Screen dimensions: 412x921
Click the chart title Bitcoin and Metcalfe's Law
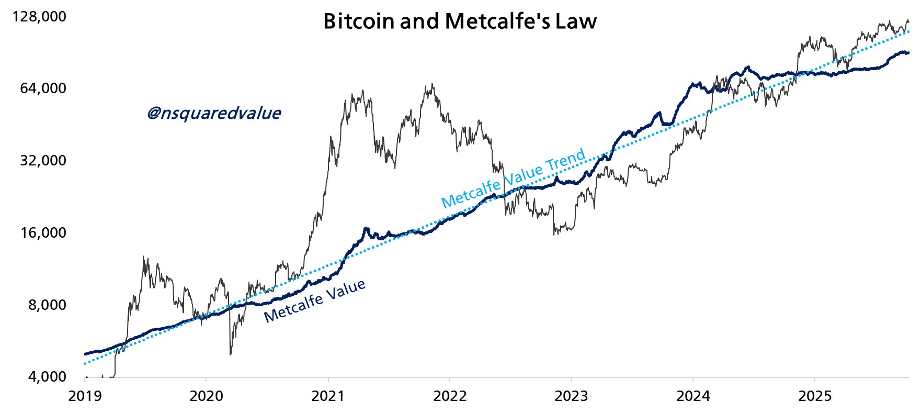(x=460, y=21)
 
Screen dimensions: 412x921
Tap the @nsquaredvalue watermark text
(x=214, y=113)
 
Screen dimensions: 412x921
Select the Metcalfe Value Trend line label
(x=513, y=178)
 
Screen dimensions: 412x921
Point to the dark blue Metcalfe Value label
(x=314, y=301)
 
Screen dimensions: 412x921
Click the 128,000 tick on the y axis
(x=40, y=17)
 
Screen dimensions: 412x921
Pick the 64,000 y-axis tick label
(x=43, y=88)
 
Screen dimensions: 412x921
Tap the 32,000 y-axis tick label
(x=43, y=160)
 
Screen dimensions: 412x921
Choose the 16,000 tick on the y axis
(x=43, y=232)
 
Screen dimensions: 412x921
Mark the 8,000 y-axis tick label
(x=47, y=305)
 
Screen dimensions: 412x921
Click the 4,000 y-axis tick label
(x=47, y=377)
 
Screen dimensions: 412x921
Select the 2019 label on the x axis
(x=85, y=396)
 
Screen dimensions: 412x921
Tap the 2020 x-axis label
(x=206, y=396)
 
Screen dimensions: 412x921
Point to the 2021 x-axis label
(x=328, y=396)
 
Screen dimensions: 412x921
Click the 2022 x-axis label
(x=450, y=396)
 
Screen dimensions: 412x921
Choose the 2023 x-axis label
(x=571, y=396)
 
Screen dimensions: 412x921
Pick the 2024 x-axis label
(x=693, y=396)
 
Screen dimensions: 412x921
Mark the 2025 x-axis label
(x=815, y=396)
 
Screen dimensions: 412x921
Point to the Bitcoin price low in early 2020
(x=231, y=354)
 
